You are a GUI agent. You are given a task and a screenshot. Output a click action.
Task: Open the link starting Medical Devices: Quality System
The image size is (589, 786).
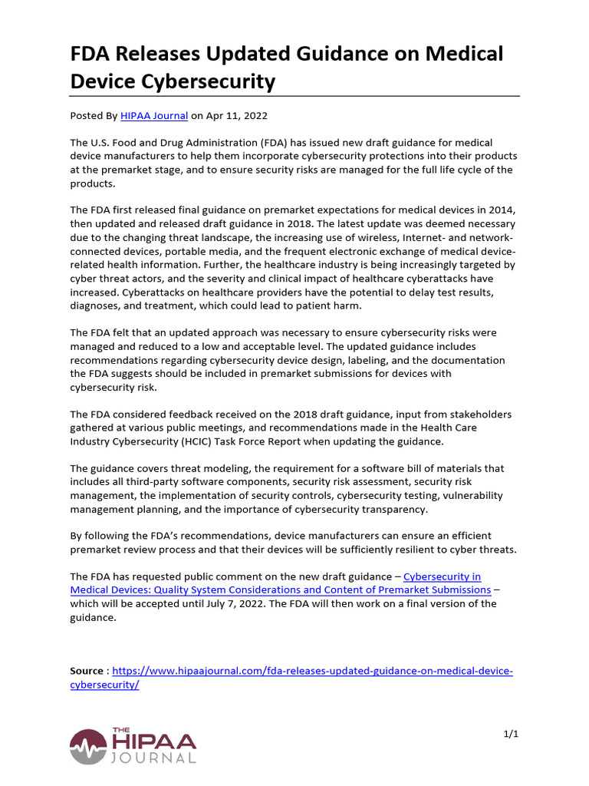280,589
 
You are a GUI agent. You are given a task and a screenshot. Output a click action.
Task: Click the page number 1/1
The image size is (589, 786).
511,735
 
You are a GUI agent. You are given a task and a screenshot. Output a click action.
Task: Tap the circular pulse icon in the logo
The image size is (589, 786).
88,747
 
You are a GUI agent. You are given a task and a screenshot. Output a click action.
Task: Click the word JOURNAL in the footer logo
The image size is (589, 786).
153,758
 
